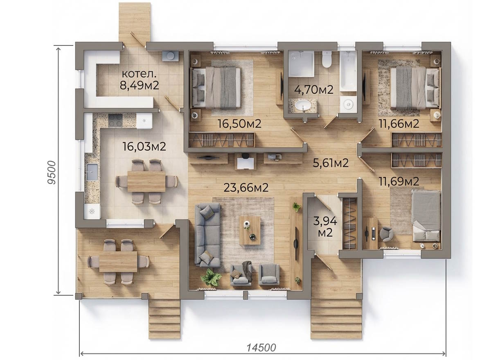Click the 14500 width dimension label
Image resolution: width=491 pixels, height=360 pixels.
click(x=261, y=347)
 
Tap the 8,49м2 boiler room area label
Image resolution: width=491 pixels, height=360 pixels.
click(x=139, y=85)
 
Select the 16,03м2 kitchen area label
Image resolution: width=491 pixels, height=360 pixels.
click(x=144, y=146)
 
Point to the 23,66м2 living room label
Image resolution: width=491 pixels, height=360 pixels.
click(x=246, y=188)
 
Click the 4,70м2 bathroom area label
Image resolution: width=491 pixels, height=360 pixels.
click(x=314, y=90)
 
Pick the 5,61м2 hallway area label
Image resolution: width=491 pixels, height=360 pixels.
click(x=331, y=163)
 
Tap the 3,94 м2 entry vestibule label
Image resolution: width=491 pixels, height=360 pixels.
click(x=325, y=227)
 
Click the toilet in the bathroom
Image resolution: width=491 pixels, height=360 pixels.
click(x=327, y=59)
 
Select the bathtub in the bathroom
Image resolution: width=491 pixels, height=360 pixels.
click(x=348, y=71)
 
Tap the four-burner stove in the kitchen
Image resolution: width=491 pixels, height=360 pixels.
click(x=115, y=120)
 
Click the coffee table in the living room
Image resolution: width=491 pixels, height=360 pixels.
click(x=250, y=231)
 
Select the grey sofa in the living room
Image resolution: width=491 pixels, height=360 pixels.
click(x=207, y=235)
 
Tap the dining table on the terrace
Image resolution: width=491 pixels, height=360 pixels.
click(x=118, y=261)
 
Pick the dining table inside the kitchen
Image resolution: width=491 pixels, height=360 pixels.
click(x=146, y=182)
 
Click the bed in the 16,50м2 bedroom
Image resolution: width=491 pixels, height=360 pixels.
click(x=216, y=88)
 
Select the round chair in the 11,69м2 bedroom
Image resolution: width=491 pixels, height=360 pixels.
click(x=386, y=235)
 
